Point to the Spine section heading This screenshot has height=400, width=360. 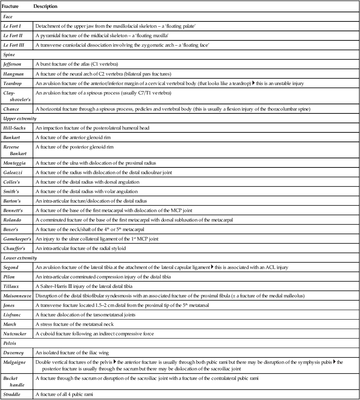[9, 54]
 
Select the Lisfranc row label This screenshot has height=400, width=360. [13, 315]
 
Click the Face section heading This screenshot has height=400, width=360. [8, 16]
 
